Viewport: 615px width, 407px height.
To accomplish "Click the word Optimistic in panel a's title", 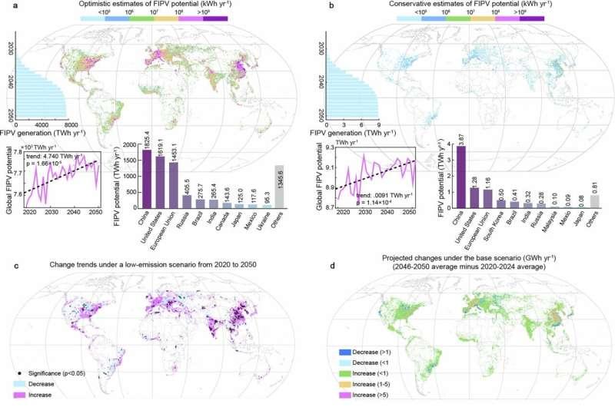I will click(99, 6).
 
